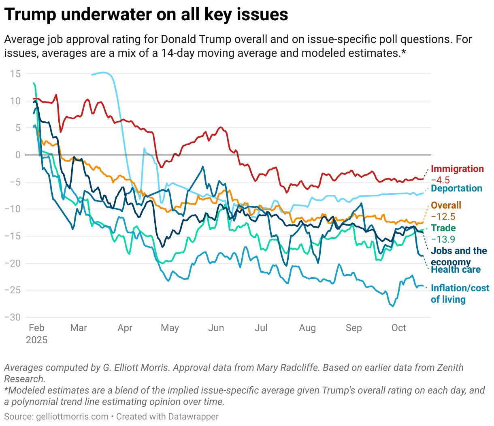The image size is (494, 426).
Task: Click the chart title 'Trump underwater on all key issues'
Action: click(146, 15)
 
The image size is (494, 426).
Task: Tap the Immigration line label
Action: click(457, 169)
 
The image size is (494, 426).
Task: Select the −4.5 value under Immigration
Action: click(440, 180)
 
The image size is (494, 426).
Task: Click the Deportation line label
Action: click(456, 188)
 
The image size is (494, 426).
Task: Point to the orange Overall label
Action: click(446, 205)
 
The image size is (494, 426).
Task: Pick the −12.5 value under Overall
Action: click(443, 217)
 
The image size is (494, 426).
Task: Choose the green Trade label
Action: click(443, 228)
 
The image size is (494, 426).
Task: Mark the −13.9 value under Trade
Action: click(443, 239)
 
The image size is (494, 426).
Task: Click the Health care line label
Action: click(456, 270)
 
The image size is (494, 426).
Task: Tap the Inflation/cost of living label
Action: click(460, 294)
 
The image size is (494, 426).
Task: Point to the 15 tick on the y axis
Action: click(15, 74)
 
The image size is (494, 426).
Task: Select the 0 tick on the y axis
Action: click(18, 155)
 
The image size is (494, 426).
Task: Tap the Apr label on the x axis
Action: click(125, 328)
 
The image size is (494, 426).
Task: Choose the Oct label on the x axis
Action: click(398, 328)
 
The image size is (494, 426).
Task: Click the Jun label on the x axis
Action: click(216, 328)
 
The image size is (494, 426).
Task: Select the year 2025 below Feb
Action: click(36, 340)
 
